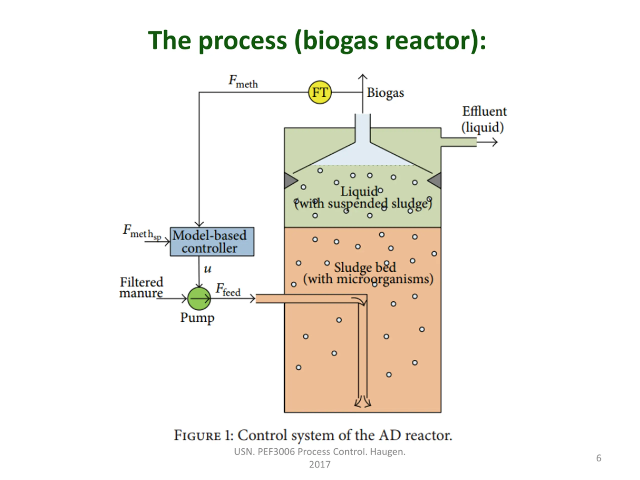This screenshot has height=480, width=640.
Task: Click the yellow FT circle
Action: [320, 92]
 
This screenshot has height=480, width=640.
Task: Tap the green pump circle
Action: [199, 298]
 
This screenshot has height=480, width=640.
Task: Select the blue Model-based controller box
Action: [212, 241]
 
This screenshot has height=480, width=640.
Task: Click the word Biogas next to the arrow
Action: [385, 93]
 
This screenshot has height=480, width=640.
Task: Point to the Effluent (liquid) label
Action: [484, 119]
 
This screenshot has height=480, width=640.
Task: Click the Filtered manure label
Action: [141, 287]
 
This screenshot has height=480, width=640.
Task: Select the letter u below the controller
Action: [207, 269]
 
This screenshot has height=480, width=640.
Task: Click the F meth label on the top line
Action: [243, 81]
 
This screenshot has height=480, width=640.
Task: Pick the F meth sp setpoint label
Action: [141, 232]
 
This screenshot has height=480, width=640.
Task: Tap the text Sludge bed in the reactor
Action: [365, 267]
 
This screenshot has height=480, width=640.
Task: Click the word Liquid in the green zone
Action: [359, 191]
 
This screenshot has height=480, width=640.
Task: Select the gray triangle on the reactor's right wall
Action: [435, 180]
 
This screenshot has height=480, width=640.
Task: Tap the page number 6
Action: [599, 458]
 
